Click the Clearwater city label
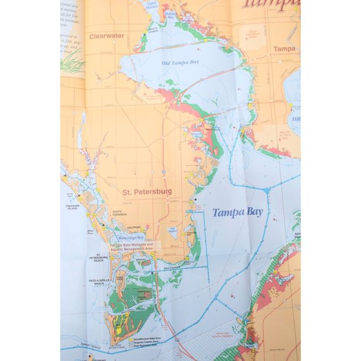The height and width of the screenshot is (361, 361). [106, 36]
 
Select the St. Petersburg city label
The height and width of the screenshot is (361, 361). [147, 192]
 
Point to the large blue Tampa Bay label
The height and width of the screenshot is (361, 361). [237, 212]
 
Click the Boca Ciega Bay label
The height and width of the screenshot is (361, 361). [131, 238]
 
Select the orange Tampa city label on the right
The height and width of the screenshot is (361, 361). [284, 49]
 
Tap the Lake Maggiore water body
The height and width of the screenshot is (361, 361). [173, 232]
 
